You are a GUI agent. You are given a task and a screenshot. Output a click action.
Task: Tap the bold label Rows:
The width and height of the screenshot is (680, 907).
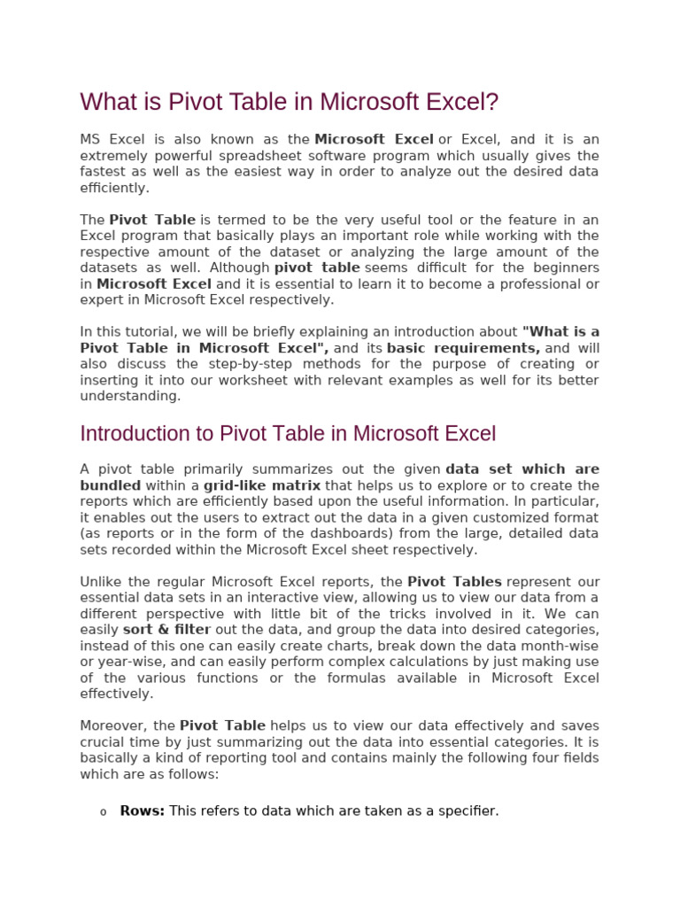click(143, 810)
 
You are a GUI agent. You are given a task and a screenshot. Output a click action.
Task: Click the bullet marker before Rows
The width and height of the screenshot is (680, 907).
click(103, 812)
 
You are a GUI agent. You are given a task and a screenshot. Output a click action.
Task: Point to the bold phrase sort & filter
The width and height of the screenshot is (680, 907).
click(166, 630)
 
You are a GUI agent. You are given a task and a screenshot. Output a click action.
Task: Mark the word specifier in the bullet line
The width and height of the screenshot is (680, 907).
click(465, 810)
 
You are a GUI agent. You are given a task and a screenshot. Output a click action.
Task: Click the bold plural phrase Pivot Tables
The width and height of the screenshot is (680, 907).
click(454, 582)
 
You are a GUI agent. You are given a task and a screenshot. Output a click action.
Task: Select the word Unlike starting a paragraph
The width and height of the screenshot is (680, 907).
click(102, 582)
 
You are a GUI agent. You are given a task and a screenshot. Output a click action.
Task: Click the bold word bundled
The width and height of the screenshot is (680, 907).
click(111, 485)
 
